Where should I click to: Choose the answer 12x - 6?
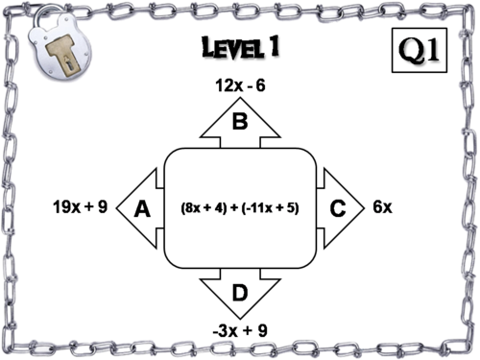point(240,85)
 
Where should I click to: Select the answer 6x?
point(382,207)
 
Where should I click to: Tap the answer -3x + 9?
point(240,332)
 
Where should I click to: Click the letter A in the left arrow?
point(142,208)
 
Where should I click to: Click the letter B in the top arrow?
point(240,121)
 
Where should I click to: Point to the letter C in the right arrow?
point(338,208)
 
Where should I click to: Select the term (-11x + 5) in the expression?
point(275,208)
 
